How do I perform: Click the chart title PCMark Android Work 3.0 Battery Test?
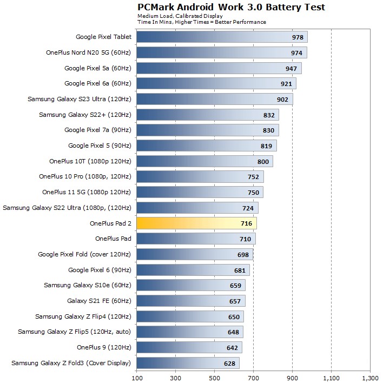(231, 7)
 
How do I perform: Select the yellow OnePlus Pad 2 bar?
(196, 223)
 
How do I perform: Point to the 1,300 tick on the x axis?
(370, 377)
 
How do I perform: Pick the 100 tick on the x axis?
(137, 377)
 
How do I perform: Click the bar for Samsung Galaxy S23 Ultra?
(214, 99)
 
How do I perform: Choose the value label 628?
(230, 363)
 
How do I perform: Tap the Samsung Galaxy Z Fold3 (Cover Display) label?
(71, 362)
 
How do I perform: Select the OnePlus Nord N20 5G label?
(89, 53)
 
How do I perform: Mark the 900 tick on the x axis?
(293, 377)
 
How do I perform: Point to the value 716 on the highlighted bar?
(247, 223)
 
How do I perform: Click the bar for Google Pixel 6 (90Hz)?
(193, 269)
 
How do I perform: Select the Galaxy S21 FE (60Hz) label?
(99, 301)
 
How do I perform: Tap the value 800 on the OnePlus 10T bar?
(263, 161)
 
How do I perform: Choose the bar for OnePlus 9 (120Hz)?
(189, 347)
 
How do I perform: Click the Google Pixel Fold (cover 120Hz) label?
(84, 254)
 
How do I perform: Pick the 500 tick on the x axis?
(215, 377)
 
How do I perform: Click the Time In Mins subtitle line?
(202, 22)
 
